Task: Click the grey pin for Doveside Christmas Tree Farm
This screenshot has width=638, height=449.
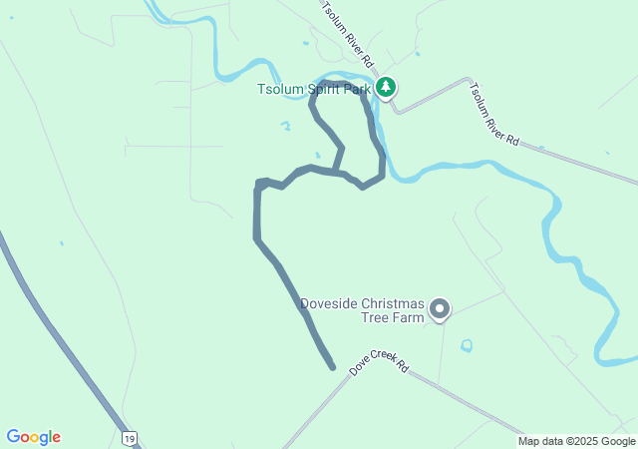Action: click(x=440, y=309)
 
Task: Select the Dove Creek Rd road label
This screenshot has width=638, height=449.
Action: click(x=380, y=361)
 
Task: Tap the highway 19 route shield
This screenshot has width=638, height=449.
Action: click(x=129, y=438)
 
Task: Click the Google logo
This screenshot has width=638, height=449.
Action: click(x=34, y=437)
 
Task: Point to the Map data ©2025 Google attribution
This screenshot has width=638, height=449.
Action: click(x=576, y=441)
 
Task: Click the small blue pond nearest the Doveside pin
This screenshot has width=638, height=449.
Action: click(x=467, y=345)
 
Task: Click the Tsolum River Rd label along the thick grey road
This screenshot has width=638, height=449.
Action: click(x=494, y=114)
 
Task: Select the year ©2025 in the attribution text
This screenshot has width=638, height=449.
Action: click(x=583, y=441)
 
